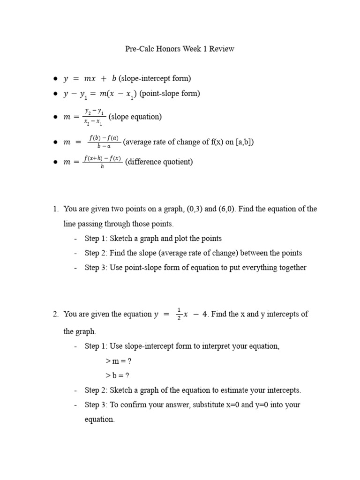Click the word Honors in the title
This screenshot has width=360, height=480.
(x=170, y=49)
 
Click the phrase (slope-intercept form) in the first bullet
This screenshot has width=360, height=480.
(x=155, y=79)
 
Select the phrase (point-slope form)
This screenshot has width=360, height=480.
(x=170, y=94)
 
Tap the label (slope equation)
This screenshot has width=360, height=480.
(x=135, y=117)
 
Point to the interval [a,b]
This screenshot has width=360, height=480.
(x=245, y=142)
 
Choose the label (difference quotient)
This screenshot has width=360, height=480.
(x=159, y=162)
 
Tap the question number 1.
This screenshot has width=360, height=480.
(x=55, y=209)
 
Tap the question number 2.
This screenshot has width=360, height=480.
(x=55, y=314)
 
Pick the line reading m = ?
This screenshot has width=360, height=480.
(x=117, y=361)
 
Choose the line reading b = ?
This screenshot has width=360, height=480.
(x=117, y=375)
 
